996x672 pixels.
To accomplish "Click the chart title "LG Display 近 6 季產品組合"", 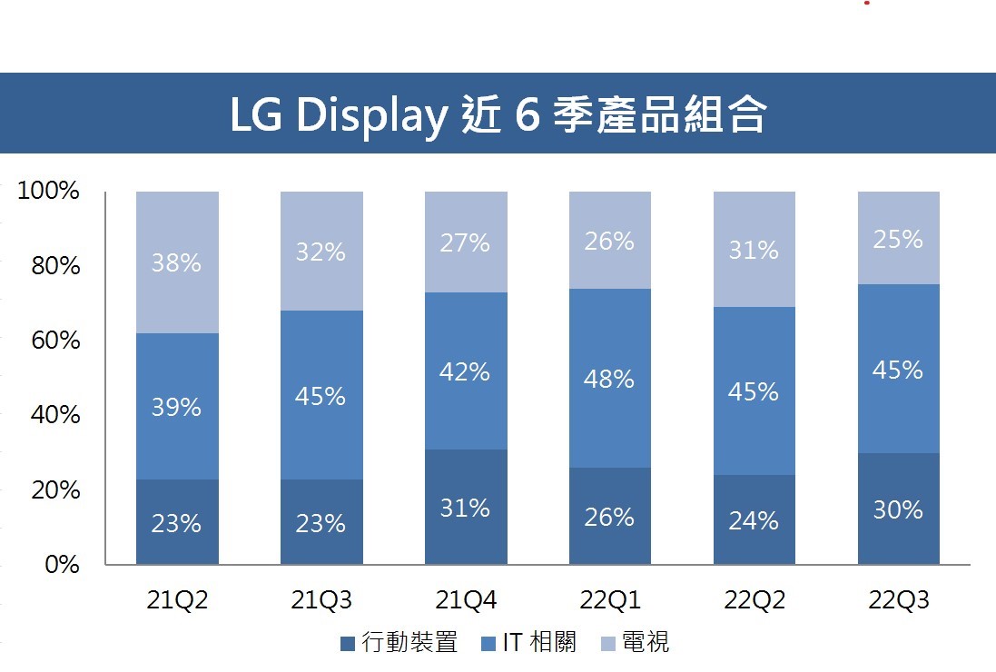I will tap(498, 114).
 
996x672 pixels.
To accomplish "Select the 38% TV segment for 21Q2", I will tap(177, 262).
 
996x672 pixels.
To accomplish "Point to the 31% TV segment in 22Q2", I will tap(754, 250).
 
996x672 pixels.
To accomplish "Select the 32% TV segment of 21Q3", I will tap(321, 252).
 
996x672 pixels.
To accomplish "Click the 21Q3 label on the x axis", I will tap(320, 600).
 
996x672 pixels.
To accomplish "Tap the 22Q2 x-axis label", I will tap(754, 600).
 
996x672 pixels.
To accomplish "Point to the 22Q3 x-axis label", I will tap(899, 600).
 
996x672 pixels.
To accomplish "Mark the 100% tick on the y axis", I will tap(48, 192).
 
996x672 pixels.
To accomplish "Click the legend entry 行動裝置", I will tap(399, 643).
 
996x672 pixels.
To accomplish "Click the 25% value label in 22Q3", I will tap(899, 240).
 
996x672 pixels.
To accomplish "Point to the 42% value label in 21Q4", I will tap(466, 371).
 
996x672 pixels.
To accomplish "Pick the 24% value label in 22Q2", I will tap(754, 520).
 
